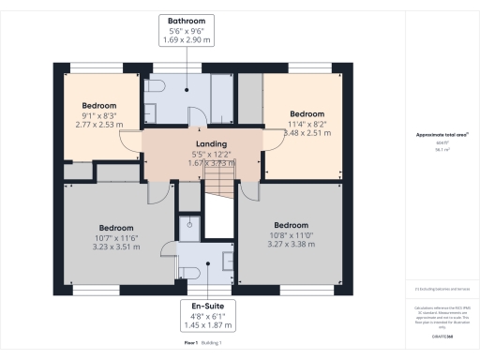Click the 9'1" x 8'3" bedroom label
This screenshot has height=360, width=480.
(x=99, y=114)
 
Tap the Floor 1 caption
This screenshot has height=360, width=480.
(x=192, y=344)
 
